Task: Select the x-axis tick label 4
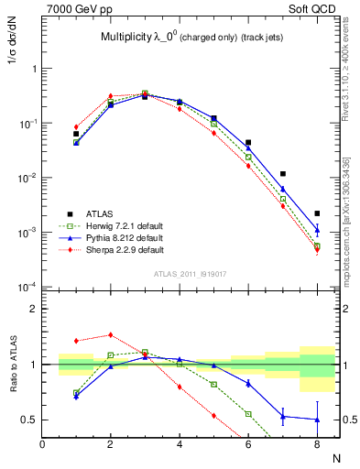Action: [x=180, y=445]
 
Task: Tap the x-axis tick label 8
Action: [x=316, y=445]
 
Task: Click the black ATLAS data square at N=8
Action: [x=317, y=213]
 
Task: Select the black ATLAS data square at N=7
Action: [x=282, y=173]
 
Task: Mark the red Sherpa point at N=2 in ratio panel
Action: [x=111, y=334]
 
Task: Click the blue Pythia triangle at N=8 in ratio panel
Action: [x=317, y=420]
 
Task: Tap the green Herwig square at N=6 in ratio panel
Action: [x=248, y=414]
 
